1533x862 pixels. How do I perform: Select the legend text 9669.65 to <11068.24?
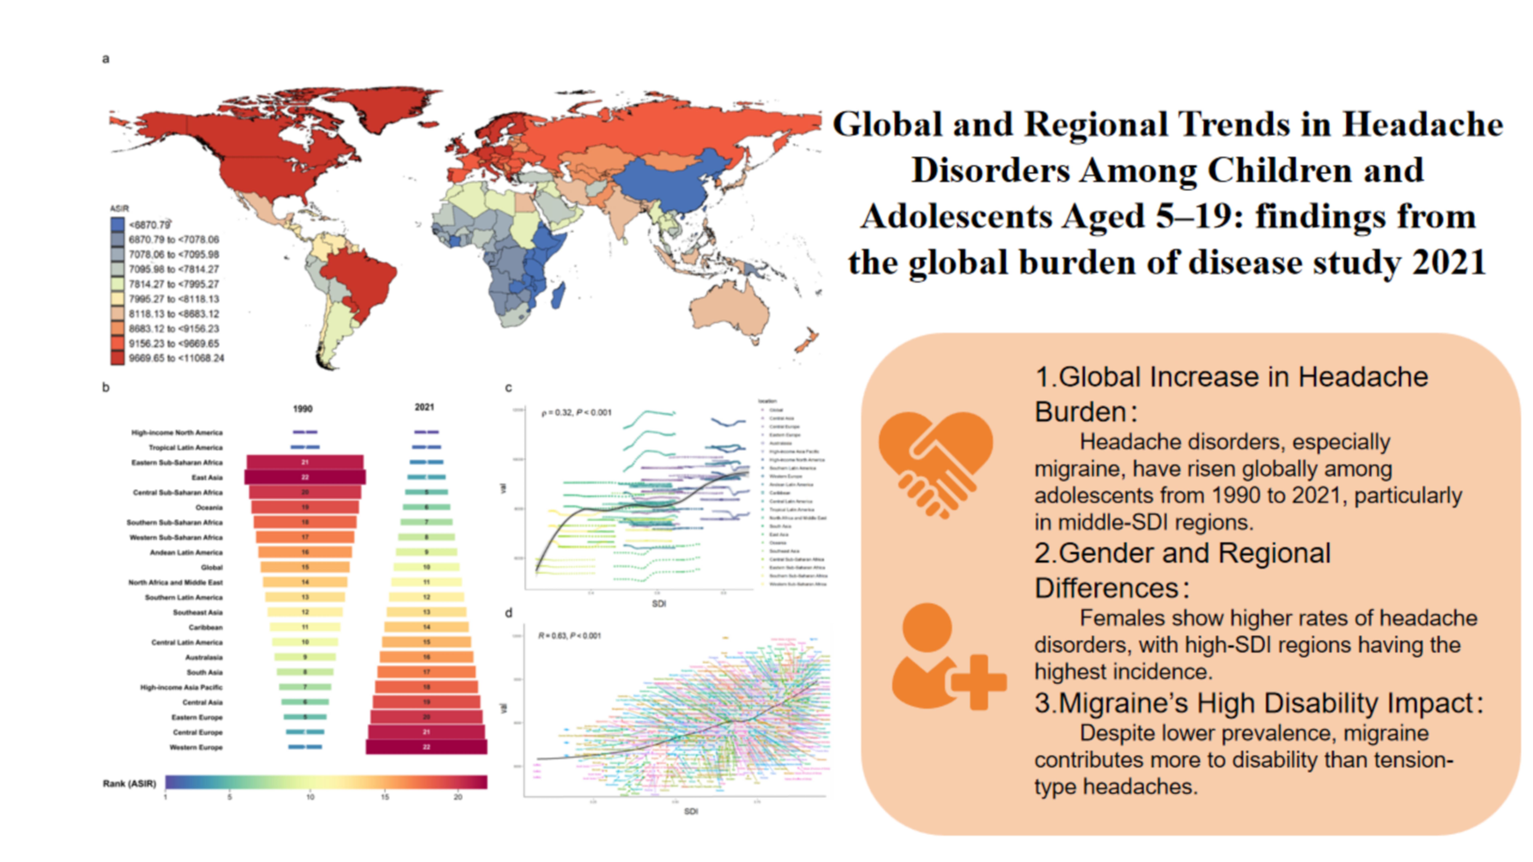point(176,358)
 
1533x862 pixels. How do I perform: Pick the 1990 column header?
point(302,409)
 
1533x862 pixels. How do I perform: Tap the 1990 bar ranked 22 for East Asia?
point(305,477)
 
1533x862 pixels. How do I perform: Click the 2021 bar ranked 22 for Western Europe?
point(426,747)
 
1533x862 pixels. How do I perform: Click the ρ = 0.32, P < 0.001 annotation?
point(576,412)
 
